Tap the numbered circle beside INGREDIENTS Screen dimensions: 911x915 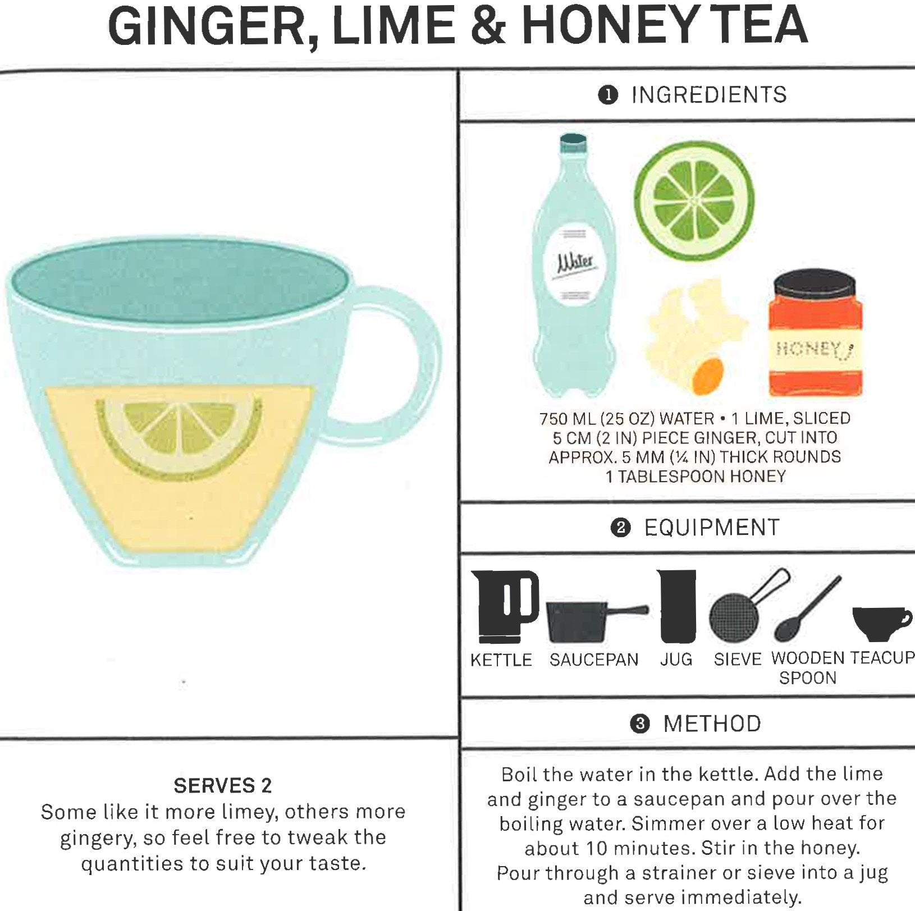click(608, 95)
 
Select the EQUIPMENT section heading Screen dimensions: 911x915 click(711, 528)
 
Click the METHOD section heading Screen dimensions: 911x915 click(712, 724)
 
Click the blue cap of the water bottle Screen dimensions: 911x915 click(573, 143)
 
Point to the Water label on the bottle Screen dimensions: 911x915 click(573, 263)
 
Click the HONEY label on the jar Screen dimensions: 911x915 click(813, 350)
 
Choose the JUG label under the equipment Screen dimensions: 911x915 click(676, 660)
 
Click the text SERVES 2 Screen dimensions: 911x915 click(222, 785)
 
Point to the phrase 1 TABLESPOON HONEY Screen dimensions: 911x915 click(695, 477)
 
